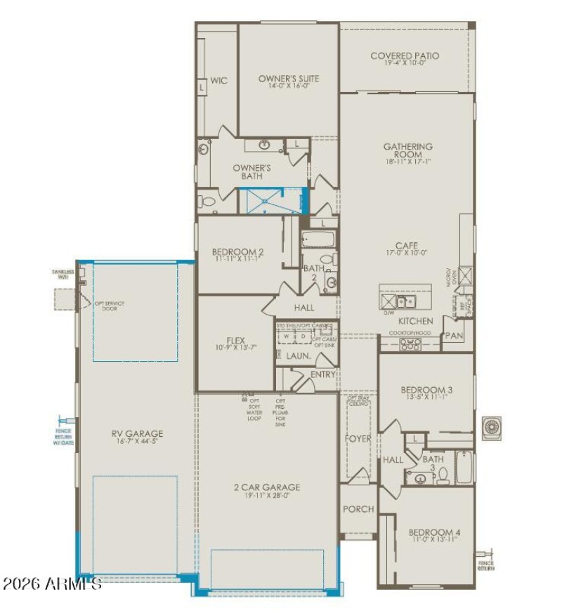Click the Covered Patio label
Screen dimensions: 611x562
pos(405,56)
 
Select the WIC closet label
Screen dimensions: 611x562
pos(218,81)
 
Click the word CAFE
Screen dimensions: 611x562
pos(406,246)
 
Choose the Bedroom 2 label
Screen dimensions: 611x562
pos(237,252)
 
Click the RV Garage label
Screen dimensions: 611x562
pos(137,434)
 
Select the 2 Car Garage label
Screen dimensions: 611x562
pos(267,487)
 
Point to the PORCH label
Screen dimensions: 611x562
pos(358,509)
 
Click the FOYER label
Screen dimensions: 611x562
pos(358,439)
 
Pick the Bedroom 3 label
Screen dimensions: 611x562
pos(426,390)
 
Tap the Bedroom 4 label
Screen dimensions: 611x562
pos(433,532)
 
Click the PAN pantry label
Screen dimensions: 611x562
pos(454,336)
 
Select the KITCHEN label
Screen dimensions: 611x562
pos(416,321)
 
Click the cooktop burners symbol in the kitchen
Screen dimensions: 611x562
pos(410,344)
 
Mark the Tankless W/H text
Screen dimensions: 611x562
pos(62,274)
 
